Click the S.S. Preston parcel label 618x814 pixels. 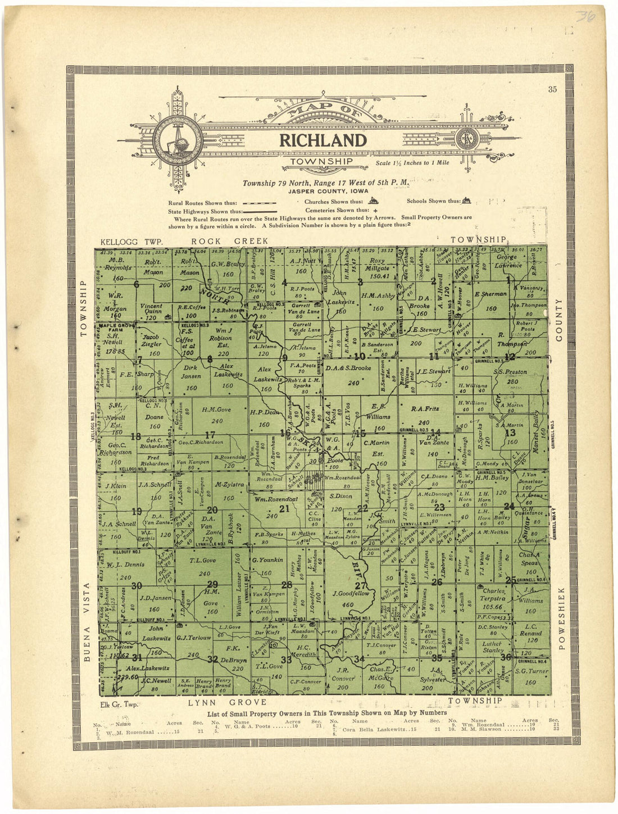[x=510, y=372]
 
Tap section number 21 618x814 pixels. [x=284, y=509]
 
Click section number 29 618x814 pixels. [x=212, y=584]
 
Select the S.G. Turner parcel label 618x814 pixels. [x=530, y=672]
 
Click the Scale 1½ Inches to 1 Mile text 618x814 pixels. [x=401, y=165]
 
